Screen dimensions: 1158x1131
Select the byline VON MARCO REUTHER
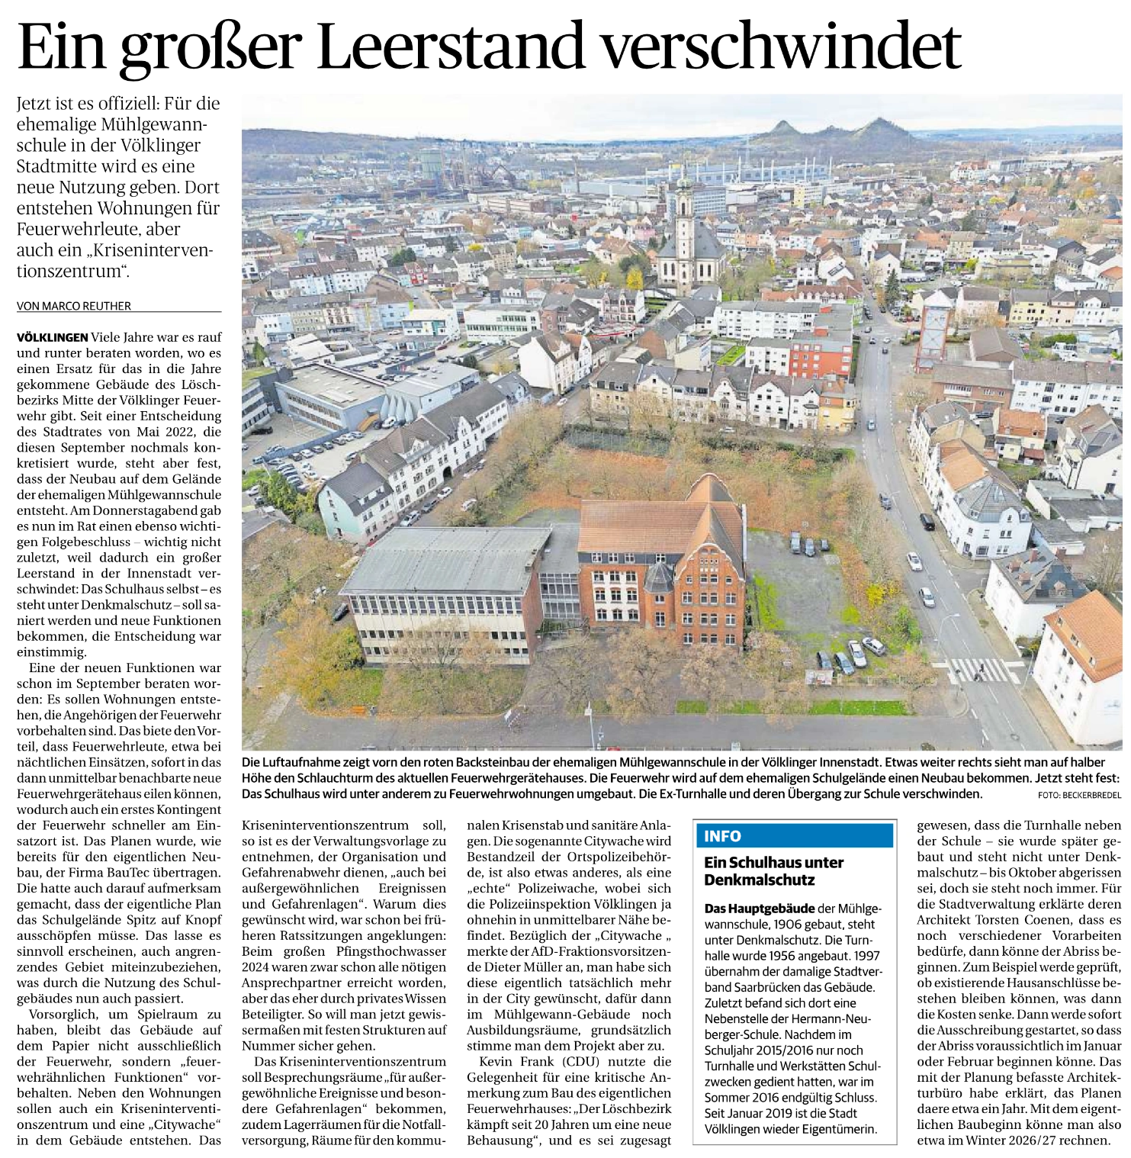pos(74,306)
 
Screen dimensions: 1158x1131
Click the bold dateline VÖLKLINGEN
pos(53,337)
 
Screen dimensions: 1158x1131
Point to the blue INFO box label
pos(722,836)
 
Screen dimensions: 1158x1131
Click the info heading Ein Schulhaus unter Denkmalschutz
pos(773,871)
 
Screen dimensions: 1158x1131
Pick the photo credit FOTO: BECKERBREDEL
pos(1079,795)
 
